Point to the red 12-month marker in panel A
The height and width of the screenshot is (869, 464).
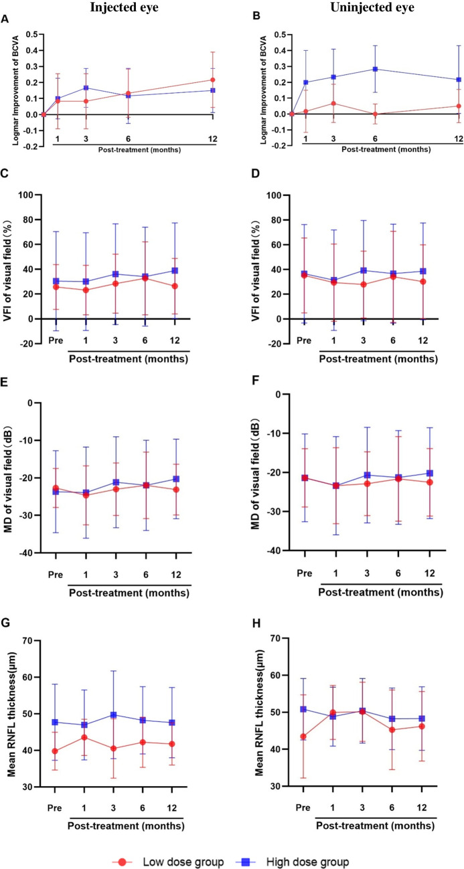pyautogui.click(x=212, y=80)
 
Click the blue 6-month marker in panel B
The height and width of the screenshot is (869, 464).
pyautogui.click(x=375, y=69)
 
